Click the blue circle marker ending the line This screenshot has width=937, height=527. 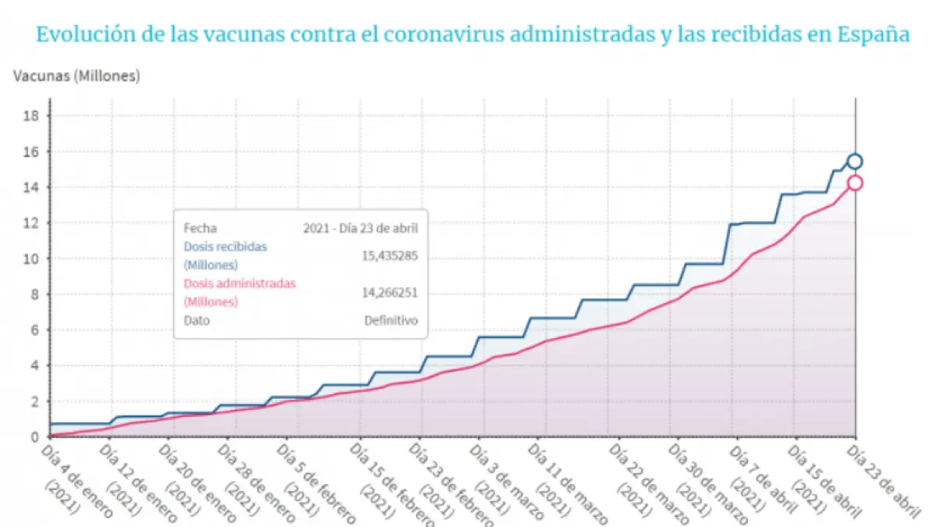tap(855, 162)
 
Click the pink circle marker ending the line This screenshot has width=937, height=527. tap(855, 183)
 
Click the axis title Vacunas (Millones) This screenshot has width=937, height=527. tap(77, 77)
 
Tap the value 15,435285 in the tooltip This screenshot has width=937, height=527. tap(390, 255)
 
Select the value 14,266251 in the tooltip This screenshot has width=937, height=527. tap(390, 292)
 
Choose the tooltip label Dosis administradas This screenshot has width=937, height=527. tap(240, 283)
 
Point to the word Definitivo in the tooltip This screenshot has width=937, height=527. tap(391, 320)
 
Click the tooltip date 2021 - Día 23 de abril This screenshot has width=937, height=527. tap(361, 229)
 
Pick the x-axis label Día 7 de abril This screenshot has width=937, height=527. tap(760, 476)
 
